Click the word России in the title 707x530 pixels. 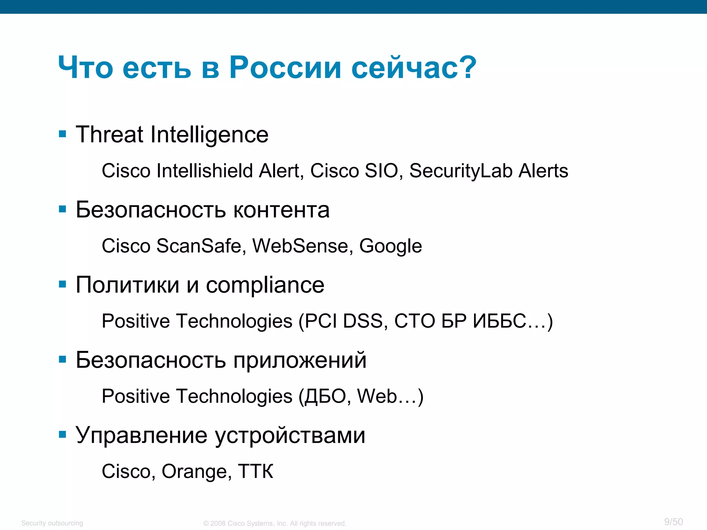pos(285,67)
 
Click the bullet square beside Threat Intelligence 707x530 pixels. pos(62,134)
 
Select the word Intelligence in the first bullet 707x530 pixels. pos(209,135)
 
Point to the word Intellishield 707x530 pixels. pos(205,170)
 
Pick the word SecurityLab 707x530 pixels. pos(461,171)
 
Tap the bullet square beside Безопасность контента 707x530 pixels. pos(62,209)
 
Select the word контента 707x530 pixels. pos(281,210)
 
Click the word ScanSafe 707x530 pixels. pos(198,246)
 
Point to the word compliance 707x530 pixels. pos(265,286)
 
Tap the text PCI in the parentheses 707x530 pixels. pos(321,321)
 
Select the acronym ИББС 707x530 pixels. pos(499,321)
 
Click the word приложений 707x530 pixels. pos(300,360)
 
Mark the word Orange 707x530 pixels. pos(194,472)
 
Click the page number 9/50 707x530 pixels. pos(674,522)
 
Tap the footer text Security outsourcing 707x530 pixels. pos(52,523)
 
